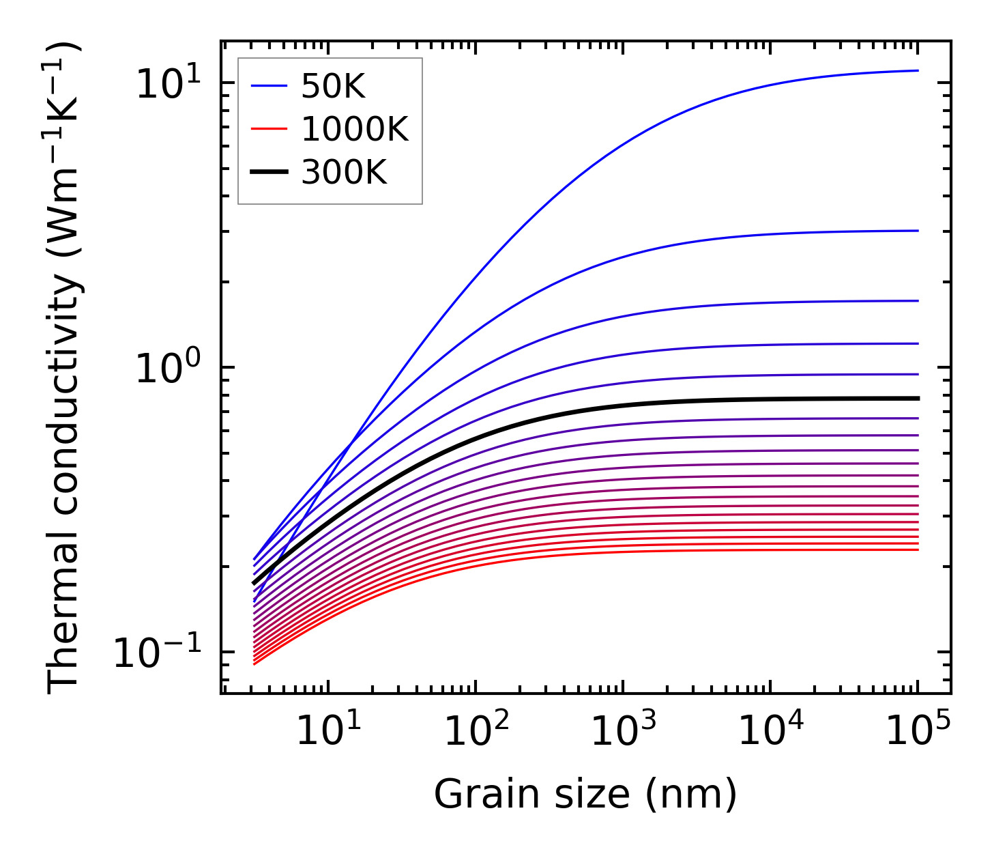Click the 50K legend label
click(x=332, y=87)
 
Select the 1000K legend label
click(x=354, y=129)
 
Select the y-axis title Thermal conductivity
click(x=64, y=367)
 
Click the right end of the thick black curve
click(x=918, y=398)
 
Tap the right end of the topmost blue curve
click(x=918, y=70)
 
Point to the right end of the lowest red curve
click(x=918, y=550)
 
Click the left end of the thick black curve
click(x=254, y=584)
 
